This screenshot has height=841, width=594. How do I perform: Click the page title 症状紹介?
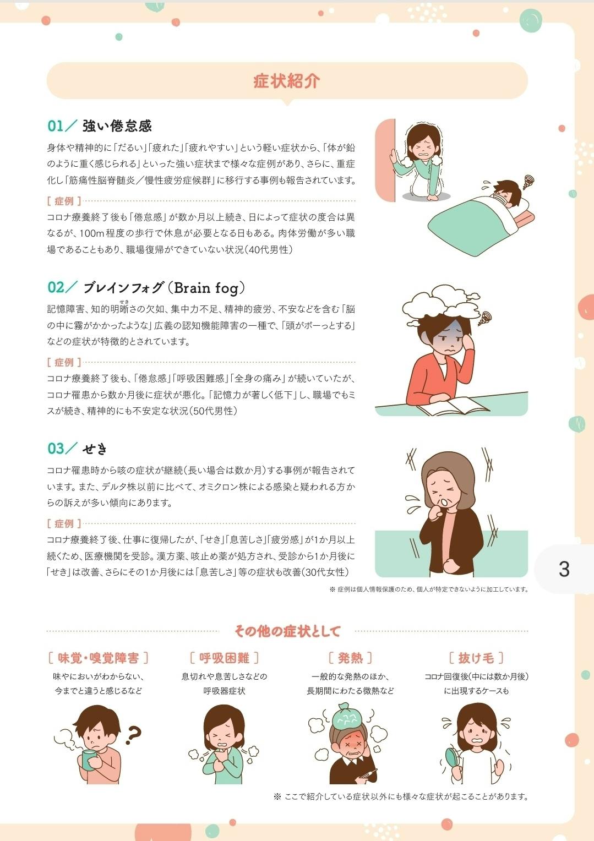coord(287,81)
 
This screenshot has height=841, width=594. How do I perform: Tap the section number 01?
coord(56,126)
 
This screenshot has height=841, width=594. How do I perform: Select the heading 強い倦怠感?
coord(117,126)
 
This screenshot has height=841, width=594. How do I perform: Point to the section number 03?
coord(56,448)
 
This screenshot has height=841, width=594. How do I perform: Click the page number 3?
coord(564,569)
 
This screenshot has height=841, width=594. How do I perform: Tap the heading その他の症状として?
coord(287,631)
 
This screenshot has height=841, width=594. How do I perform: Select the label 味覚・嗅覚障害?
coord(99,658)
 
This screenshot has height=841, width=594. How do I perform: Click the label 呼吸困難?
coord(224,658)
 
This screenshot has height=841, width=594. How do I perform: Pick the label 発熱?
coord(350,658)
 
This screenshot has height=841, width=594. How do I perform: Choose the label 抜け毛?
coord(476,658)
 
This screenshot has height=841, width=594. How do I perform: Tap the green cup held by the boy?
coord(89,760)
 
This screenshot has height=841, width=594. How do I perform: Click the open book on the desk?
coord(456,406)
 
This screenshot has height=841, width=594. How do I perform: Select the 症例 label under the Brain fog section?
coord(64,362)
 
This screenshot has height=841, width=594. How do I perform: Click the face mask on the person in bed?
coord(500,197)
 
